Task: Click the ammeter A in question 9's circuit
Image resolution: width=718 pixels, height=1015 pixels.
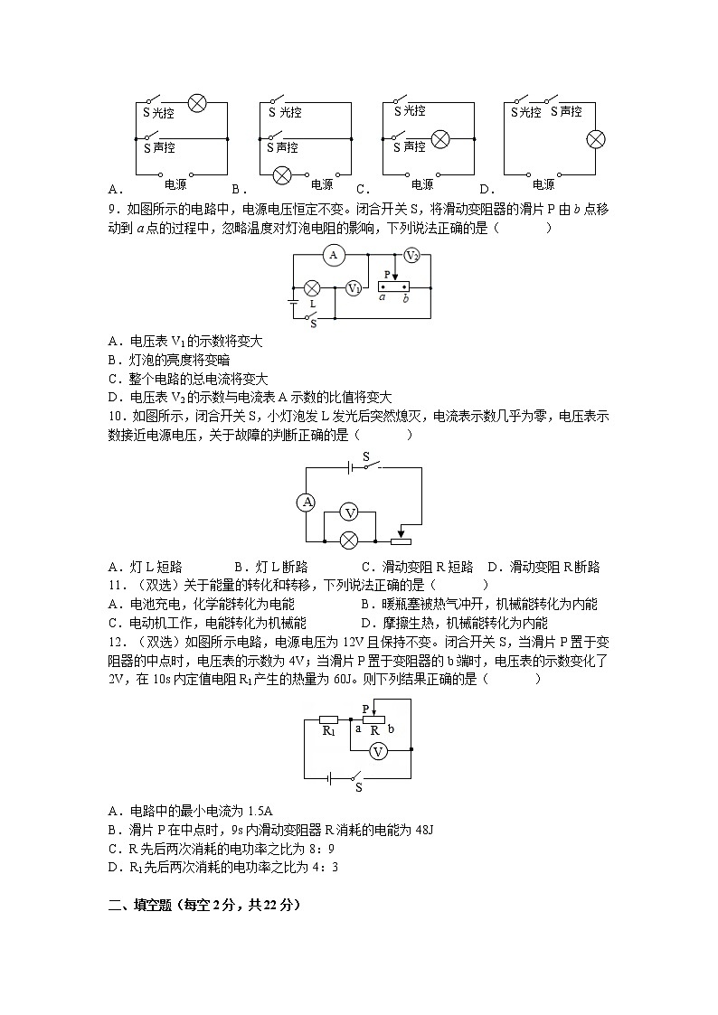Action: (333, 256)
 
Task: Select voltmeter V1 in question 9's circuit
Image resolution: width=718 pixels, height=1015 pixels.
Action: (354, 288)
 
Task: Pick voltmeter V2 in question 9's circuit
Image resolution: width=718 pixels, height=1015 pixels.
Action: (411, 256)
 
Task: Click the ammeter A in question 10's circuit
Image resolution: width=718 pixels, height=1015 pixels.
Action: (307, 503)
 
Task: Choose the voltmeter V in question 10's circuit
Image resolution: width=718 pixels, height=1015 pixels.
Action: (348, 512)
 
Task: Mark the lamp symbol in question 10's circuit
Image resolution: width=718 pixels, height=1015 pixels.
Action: (348, 540)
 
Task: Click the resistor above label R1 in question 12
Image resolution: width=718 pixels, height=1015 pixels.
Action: (328, 719)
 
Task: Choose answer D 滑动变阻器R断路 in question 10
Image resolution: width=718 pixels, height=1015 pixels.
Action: (543, 567)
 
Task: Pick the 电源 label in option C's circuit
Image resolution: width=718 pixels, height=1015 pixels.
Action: (421, 185)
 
